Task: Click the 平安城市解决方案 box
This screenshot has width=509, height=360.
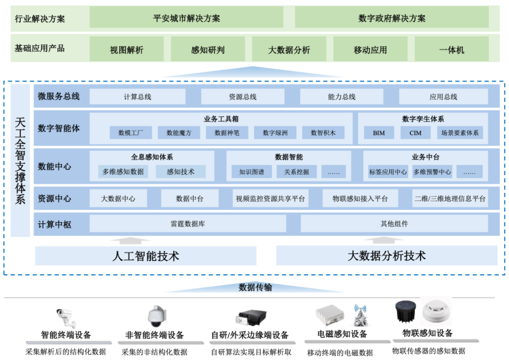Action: (187, 18)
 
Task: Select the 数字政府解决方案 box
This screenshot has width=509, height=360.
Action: (392, 18)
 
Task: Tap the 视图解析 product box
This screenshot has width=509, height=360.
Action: (126, 49)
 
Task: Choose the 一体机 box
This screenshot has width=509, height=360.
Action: (452, 49)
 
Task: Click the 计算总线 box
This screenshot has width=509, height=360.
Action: (137, 97)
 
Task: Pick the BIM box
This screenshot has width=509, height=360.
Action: (379, 133)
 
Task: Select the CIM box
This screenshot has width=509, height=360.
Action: (415, 133)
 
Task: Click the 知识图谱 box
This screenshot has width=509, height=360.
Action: (252, 172)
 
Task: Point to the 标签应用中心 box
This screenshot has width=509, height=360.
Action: (388, 172)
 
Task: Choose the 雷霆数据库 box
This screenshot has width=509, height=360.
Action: (188, 224)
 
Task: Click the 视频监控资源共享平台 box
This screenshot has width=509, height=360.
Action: (271, 199)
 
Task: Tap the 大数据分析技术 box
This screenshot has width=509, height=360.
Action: (386, 256)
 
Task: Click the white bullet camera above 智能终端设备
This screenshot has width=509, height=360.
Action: (66, 317)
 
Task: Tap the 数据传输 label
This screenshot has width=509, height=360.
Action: (255, 287)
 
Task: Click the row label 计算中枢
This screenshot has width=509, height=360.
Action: (55, 224)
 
